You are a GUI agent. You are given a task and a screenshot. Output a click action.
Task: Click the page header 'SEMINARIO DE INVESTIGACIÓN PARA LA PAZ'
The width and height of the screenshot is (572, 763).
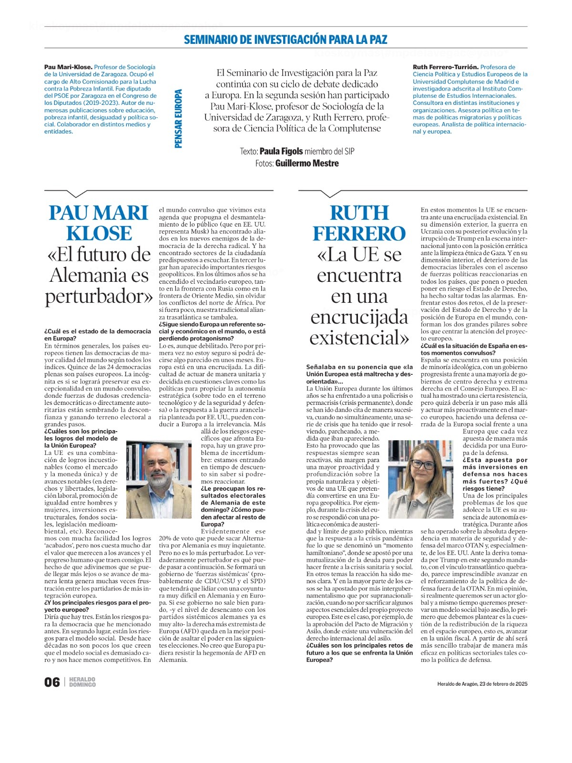pos(286,40)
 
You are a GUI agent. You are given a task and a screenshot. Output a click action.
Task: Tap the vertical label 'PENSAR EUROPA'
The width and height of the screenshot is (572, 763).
pos(179,119)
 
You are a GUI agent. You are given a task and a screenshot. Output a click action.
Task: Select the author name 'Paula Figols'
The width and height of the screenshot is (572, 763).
pos(281,151)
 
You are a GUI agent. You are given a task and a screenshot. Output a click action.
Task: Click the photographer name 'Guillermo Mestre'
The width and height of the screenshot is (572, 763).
pos(307,163)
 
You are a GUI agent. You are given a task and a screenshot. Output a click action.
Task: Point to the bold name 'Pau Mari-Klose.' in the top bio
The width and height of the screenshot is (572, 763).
pos(68,67)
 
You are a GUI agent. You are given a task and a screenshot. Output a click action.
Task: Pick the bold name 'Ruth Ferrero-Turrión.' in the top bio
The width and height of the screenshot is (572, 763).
pos(445,67)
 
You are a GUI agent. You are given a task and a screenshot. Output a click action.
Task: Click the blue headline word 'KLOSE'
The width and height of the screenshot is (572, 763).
pos(99,233)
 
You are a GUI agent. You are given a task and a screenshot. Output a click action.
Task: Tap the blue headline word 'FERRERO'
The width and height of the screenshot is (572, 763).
pos(359,234)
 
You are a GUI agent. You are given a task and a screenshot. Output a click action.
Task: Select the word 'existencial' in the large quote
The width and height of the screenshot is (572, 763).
pos(357,338)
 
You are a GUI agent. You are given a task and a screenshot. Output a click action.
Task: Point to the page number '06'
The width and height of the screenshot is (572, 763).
pos(52,682)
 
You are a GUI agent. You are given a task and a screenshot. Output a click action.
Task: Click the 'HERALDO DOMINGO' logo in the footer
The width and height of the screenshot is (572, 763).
pos(82,682)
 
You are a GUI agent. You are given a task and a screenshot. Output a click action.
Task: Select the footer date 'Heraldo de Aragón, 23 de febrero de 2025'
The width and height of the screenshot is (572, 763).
pos(482,684)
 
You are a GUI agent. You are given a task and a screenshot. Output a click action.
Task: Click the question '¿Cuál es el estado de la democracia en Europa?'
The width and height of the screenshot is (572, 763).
pos(97,335)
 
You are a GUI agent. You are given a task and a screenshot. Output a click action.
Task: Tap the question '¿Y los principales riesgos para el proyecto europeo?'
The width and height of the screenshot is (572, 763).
pos(97,606)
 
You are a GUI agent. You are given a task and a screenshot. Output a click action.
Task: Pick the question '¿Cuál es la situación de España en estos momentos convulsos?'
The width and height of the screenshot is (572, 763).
pos(474,349)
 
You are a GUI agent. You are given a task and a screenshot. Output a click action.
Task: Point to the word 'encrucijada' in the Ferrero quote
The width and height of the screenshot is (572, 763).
pos(359,317)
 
